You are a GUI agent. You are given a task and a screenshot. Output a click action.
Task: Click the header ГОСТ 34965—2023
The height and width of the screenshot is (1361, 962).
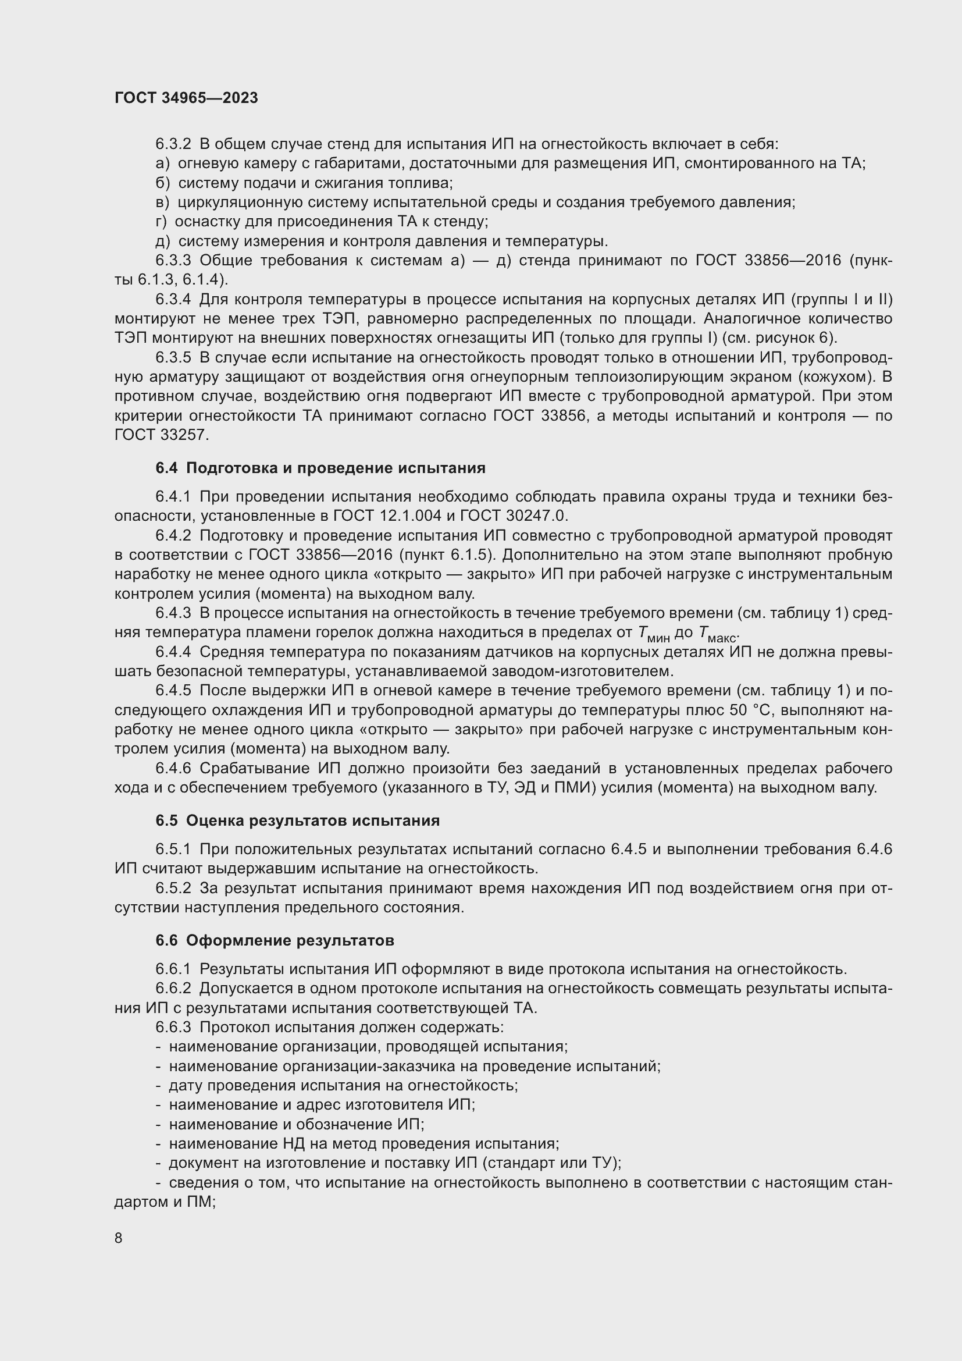186,98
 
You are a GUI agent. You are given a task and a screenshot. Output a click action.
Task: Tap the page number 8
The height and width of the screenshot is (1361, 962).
119,1238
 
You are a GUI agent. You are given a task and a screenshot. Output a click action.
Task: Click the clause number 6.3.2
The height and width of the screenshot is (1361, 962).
173,144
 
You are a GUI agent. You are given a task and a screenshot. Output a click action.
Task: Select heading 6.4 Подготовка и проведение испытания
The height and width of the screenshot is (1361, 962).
320,468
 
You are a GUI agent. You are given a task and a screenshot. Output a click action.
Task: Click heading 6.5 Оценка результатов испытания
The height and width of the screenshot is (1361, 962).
297,820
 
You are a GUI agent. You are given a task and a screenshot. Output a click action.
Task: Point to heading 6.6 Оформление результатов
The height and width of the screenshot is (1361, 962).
275,940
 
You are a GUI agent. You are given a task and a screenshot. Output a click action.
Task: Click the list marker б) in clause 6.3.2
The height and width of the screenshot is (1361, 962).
162,183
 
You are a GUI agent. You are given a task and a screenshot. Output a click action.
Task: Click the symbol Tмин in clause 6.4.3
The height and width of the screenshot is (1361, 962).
654,634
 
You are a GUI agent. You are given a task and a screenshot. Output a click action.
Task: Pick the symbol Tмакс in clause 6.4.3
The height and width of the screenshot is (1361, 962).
717,634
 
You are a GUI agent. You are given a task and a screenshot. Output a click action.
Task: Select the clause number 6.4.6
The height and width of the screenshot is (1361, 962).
173,768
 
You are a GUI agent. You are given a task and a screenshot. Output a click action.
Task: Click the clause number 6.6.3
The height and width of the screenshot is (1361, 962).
173,1026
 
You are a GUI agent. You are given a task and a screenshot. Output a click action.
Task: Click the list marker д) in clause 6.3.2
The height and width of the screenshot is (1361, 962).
162,241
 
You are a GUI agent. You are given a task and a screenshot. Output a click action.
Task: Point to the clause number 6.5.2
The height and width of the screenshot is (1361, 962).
173,888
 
